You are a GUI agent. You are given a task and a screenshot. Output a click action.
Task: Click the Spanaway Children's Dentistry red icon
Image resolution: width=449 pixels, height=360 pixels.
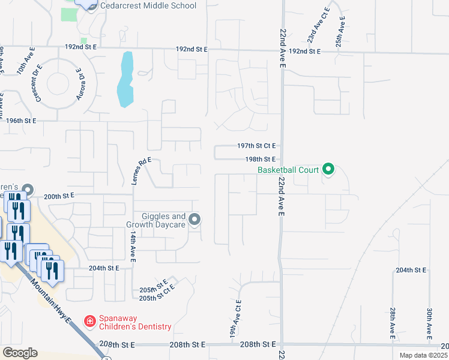pyautogui.click(x=89, y=322)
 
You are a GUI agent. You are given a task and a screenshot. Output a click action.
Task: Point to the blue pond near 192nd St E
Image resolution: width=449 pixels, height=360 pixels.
pyautogui.click(x=125, y=80)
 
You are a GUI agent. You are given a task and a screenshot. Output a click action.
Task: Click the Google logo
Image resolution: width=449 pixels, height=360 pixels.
pyautogui.click(x=20, y=352)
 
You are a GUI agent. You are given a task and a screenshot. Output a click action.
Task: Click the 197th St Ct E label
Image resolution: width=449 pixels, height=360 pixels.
pyautogui.click(x=256, y=146)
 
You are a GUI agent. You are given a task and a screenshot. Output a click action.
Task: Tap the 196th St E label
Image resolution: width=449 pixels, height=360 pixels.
pyautogui.click(x=22, y=121)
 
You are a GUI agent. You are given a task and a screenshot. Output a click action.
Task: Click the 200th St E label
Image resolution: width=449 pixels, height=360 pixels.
pyautogui.click(x=59, y=196)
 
